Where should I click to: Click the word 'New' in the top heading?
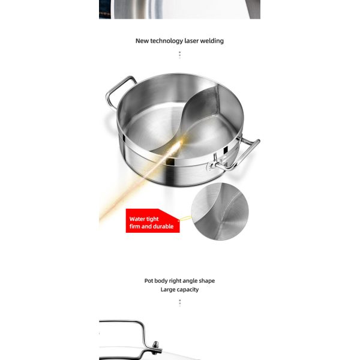[x=142, y=41]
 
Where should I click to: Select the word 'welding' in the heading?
[x=214, y=41]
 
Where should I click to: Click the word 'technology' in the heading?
[x=168, y=41]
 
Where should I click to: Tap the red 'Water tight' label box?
[x=151, y=222]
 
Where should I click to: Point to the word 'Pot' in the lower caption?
[x=149, y=281]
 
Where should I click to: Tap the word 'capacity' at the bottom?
[x=187, y=290]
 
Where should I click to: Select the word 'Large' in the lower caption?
[x=167, y=290]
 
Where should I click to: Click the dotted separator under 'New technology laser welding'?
[x=179, y=55]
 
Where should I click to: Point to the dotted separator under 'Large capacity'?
[x=179, y=302]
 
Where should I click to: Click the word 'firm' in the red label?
[x=136, y=227]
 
